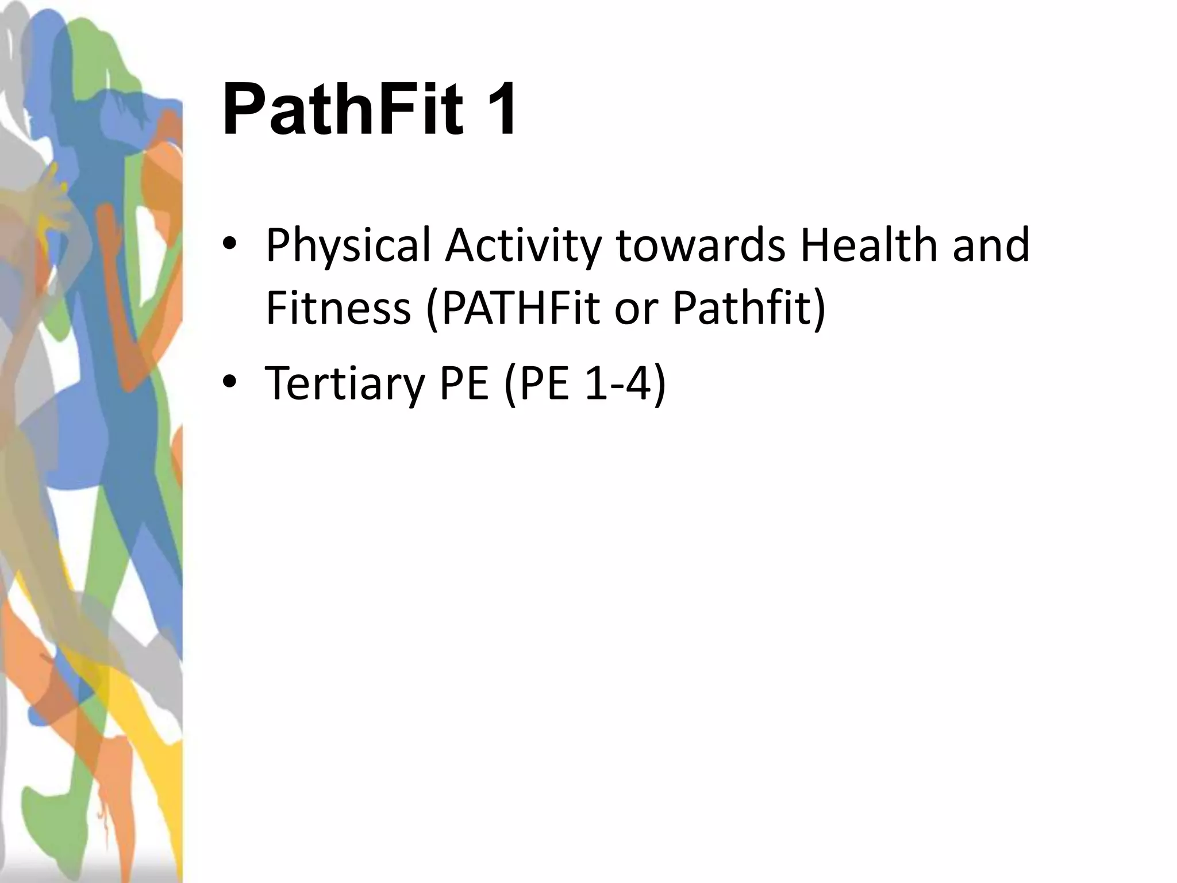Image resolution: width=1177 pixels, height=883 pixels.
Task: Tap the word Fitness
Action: [339, 308]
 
